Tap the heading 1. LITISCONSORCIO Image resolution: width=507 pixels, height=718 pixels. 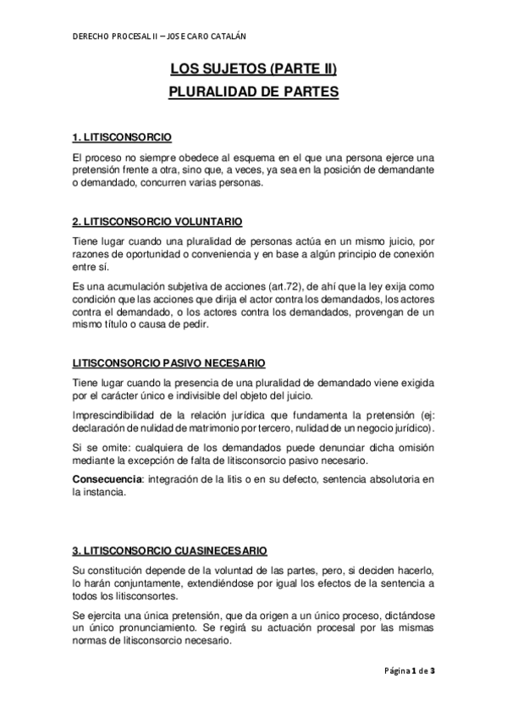tap(123, 137)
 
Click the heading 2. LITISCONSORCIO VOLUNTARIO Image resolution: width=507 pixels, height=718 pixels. tap(157, 222)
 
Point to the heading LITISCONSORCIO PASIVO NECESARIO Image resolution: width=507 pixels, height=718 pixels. tap(168, 364)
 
